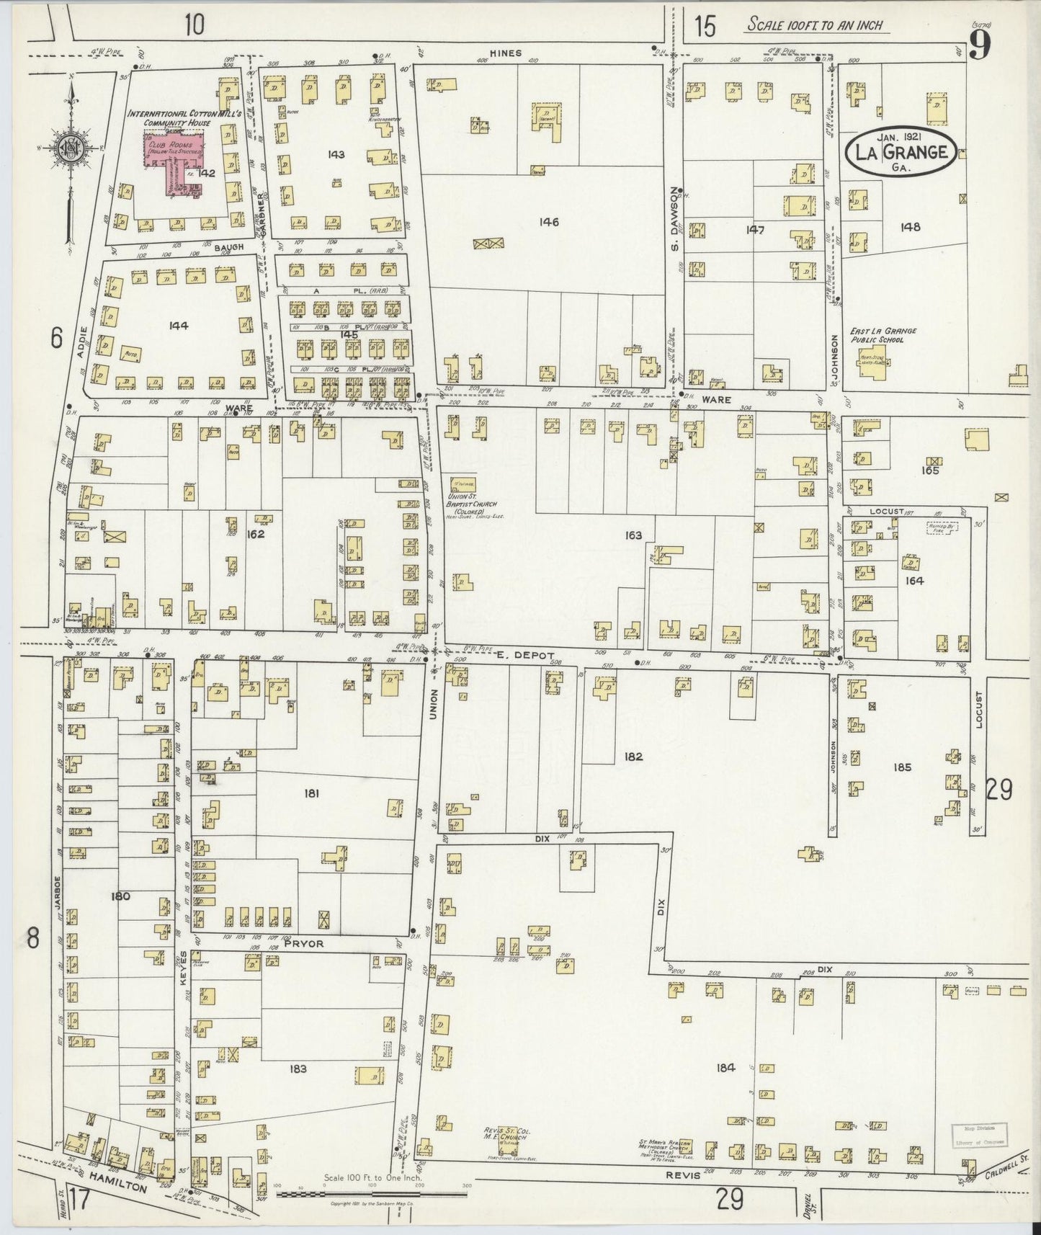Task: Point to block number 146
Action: point(549,222)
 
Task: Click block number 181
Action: point(311,793)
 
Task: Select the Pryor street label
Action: point(304,942)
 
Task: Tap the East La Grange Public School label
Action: point(883,334)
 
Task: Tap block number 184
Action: point(725,1067)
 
